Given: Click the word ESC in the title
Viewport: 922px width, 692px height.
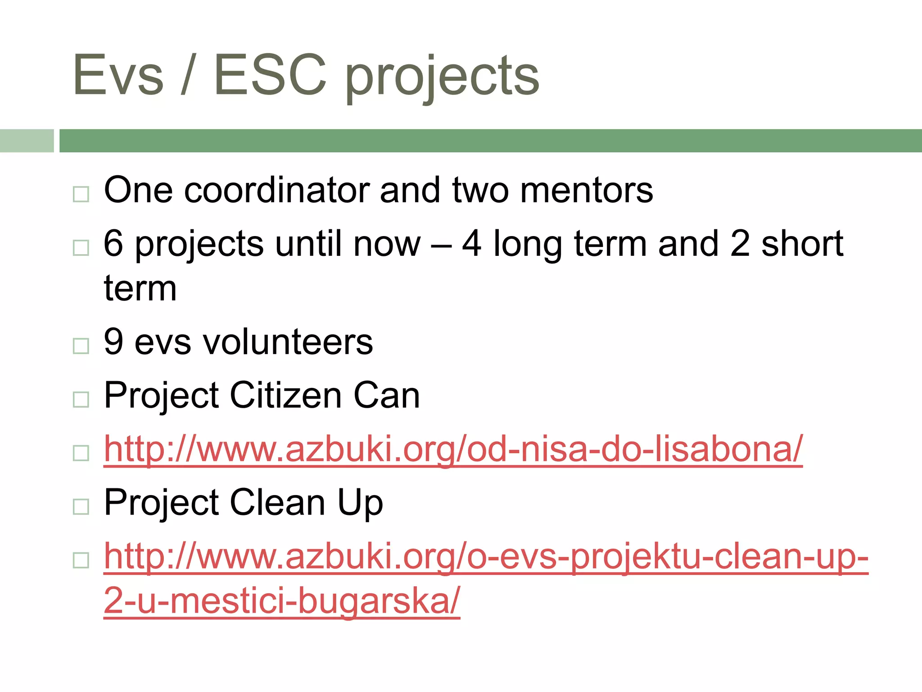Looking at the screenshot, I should click(x=270, y=75).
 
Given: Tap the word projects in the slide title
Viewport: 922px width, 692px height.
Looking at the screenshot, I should click(x=442, y=77).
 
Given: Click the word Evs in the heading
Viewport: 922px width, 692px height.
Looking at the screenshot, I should click(x=118, y=75).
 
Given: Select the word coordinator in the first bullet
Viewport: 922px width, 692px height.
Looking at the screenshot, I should click(x=277, y=190).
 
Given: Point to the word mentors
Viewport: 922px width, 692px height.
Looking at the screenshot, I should click(x=586, y=190).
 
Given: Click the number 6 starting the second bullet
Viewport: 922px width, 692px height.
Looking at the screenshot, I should click(x=113, y=243).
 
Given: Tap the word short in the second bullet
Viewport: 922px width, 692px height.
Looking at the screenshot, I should click(x=802, y=243).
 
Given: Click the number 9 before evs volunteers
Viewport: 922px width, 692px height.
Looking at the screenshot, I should click(x=113, y=341).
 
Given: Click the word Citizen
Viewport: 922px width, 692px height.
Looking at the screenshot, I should click(x=286, y=395).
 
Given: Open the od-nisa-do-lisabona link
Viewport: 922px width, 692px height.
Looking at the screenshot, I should click(x=453, y=449).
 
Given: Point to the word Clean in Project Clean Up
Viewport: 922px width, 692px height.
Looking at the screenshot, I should click(x=277, y=502).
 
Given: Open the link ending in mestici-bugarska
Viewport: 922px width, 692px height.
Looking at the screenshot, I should click(x=486, y=557).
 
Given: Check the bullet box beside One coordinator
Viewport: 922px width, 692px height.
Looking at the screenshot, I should click(x=81, y=194).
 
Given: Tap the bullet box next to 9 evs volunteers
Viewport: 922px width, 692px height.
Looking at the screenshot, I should click(x=81, y=346).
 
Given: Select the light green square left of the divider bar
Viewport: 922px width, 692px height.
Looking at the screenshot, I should click(x=27, y=141).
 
